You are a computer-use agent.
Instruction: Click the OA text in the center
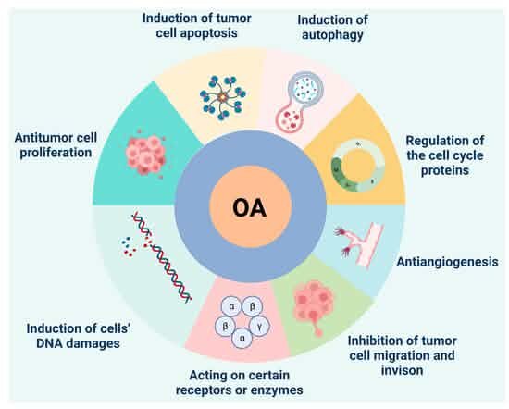(x=250, y=208)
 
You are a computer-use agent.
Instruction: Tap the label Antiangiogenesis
(x=447, y=262)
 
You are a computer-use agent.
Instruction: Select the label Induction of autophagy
(x=332, y=27)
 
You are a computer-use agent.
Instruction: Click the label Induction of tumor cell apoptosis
(x=197, y=25)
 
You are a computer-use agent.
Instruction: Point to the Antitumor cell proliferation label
(x=56, y=145)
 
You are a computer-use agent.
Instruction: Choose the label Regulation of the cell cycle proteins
(x=445, y=155)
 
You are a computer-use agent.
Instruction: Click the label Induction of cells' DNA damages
(x=79, y=336)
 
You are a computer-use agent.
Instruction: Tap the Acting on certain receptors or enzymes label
(x=240, y=383)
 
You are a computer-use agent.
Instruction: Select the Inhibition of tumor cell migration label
(x=403, y=355)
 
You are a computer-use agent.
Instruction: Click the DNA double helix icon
(x=162, y=257)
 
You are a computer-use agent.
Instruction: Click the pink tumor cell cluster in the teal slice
(x=146, y=155)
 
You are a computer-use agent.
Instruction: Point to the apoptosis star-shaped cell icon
(x=223, y=97)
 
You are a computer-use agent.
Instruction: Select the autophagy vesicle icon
(x=299, y=102)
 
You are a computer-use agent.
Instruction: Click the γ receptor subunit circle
(x=259, y=327)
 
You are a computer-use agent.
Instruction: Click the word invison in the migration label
(x=403, y=370)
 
